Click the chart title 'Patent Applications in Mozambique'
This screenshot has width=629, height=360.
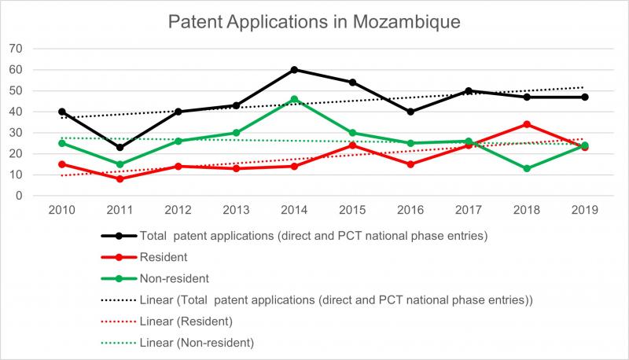tap(314, 21)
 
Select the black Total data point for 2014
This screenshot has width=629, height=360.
tap(294, 70)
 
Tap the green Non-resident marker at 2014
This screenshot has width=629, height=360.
tap(294, 99)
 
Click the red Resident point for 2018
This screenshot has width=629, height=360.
tap(527, 124)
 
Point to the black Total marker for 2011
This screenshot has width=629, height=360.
tap(120, 147)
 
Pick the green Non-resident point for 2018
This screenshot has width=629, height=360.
tap(527, 168)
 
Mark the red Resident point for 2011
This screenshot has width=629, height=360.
tap(120, 179)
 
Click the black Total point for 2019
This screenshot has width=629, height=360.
tap(585, 97)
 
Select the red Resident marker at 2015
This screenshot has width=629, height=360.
tap(352, 145)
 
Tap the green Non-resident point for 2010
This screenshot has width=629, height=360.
tap(61, 143)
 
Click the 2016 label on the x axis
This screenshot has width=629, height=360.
tap(410, 211)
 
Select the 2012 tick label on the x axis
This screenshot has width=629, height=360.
tap(178, 211)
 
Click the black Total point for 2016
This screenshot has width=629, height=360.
tap(410, 112)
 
